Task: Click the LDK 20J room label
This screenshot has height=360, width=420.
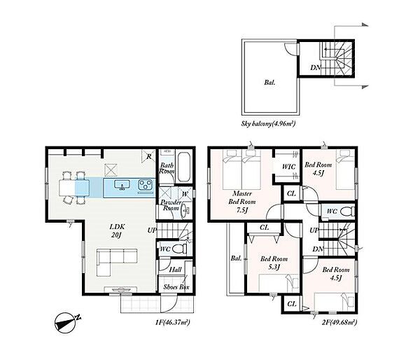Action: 118,231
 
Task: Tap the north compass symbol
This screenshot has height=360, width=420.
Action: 67,322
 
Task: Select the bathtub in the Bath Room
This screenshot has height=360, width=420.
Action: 184,167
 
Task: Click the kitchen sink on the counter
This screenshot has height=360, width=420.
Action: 122,185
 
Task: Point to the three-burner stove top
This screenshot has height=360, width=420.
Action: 145,185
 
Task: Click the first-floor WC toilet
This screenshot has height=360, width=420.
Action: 180,249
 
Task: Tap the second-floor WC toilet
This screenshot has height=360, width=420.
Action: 347,212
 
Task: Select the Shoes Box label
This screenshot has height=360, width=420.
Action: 176,287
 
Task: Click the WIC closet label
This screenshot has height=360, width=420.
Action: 288,167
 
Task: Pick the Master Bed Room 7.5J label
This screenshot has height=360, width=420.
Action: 242,202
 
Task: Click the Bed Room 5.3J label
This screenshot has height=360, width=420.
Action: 274,263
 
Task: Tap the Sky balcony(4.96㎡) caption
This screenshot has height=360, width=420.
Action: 268,124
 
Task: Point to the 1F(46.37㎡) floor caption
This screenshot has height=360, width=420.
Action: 173,322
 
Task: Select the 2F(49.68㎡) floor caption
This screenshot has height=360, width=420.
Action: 339,322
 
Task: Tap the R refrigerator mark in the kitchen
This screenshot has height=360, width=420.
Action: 149,157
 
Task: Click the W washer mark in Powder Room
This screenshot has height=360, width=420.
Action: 185,194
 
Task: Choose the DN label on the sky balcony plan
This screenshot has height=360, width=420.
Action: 316,67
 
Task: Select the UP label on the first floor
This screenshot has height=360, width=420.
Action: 152,230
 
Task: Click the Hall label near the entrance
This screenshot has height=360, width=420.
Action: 175,270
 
